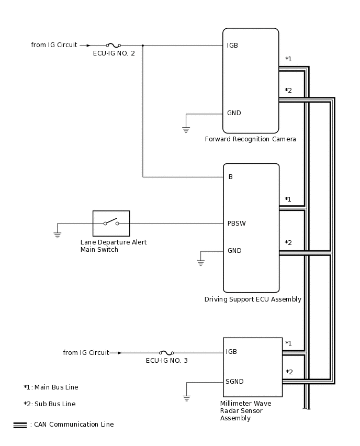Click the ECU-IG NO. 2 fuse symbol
(114, 46)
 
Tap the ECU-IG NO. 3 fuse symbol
(166, 353)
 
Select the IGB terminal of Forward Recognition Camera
(232, 46)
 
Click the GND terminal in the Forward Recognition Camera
(234, 113)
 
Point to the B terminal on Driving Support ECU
(230, 177)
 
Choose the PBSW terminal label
(237, 224)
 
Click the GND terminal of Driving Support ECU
(234, 251)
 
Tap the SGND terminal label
(234, 382)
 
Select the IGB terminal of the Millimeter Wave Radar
(231, 352)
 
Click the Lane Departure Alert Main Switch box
(111, 224)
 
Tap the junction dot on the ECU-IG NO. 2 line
(143, 46)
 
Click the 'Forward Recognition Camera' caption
(250, 139)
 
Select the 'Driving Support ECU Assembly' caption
(253, 299)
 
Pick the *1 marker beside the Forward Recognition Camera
(288, 59)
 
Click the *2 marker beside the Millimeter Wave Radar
(289, 372)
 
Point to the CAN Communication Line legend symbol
(20, 425)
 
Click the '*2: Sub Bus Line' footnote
(50, 404)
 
